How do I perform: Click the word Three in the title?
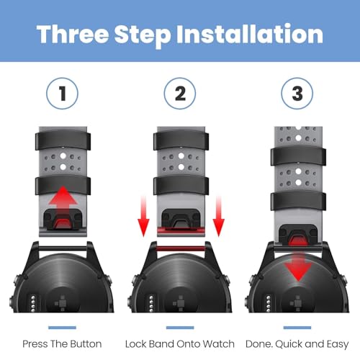click(x=73, y=34)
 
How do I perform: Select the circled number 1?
click(x=62, y=94)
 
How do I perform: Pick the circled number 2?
click(x=180, y=94)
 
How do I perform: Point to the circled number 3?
click(x=297, y=94)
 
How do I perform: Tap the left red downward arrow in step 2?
click(x=143, y=216)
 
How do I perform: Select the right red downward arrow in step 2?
click(x=218, y=216)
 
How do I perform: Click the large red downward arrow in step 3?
click(x=298, y=264)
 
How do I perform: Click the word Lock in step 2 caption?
click(x=135, y=344)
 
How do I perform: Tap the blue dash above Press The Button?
click(x=62, y=328)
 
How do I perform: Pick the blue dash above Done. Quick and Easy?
click(x=297, y=328)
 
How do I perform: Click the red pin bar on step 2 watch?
click(x=181, y=248)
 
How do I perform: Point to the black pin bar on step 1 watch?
click(x=63, y=248)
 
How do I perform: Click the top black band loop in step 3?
click(x=298, y=156)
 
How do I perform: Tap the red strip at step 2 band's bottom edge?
click(x=181, y=231)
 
